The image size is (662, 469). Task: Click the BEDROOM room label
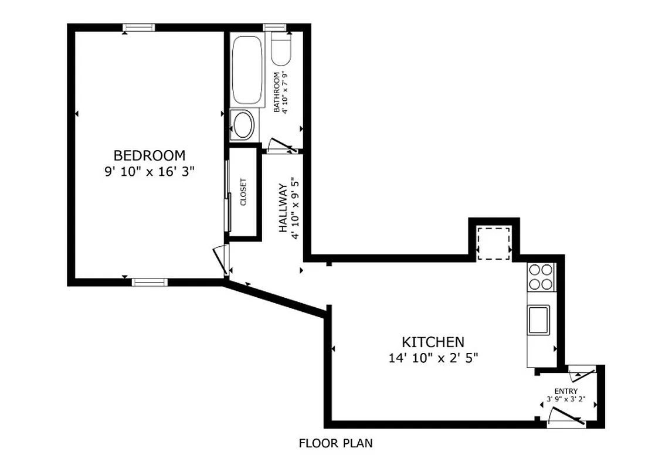[x=149, y=155]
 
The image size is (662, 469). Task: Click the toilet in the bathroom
[x=280, y=50]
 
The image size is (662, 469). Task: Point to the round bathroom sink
[x=242, y=125]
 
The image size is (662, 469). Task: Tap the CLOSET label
[x=243, y=192]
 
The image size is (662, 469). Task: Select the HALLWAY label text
[x=283, y=208]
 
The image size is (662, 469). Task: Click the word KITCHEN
[x=433, y=342]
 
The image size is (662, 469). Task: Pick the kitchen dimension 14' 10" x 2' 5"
[x=433, y=358]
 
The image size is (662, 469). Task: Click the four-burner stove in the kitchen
[x=540, y=277]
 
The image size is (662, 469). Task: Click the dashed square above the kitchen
[x=493, y=243]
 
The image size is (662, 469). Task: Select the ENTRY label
[x=566, y=391]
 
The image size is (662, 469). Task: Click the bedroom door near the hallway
[x=220, y=260]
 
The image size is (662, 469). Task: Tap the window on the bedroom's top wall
[x=139, y=28]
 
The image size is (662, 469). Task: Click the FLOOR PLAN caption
[x=335, y=443]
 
